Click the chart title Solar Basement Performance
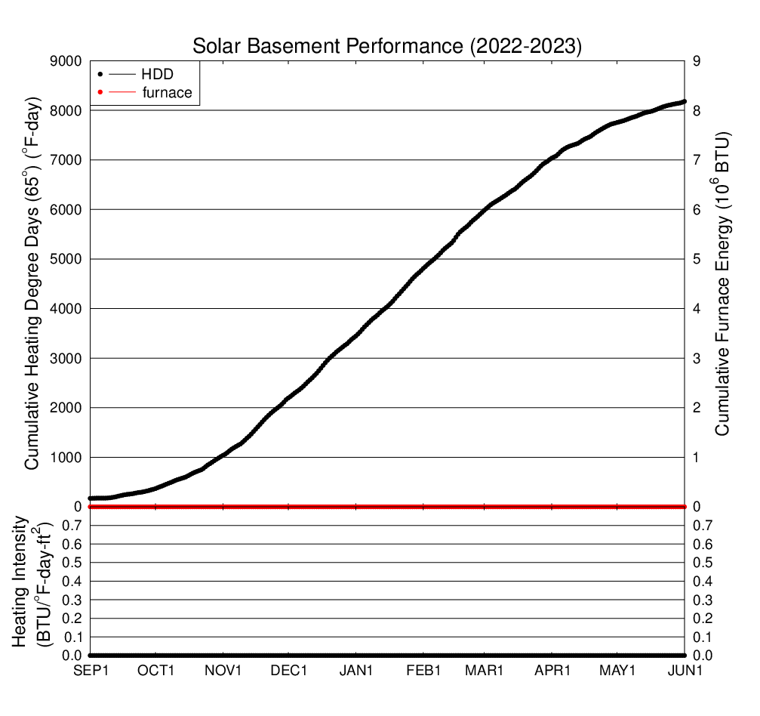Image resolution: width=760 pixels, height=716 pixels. (387, 45)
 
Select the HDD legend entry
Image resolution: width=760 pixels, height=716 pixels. (157, 74)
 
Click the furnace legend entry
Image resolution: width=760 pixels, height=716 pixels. (167, 93)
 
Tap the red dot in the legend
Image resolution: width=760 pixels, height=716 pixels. (100, 93)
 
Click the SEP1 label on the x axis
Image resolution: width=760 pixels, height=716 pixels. (91, 670)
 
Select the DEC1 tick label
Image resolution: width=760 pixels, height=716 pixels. (288, 670)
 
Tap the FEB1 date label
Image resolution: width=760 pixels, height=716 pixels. (423, 670)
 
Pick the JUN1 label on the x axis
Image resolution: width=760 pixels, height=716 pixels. (684, 670)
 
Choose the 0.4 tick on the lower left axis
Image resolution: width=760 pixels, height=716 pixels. (72, 582)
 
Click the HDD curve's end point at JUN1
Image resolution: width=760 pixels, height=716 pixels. (684, 101)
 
